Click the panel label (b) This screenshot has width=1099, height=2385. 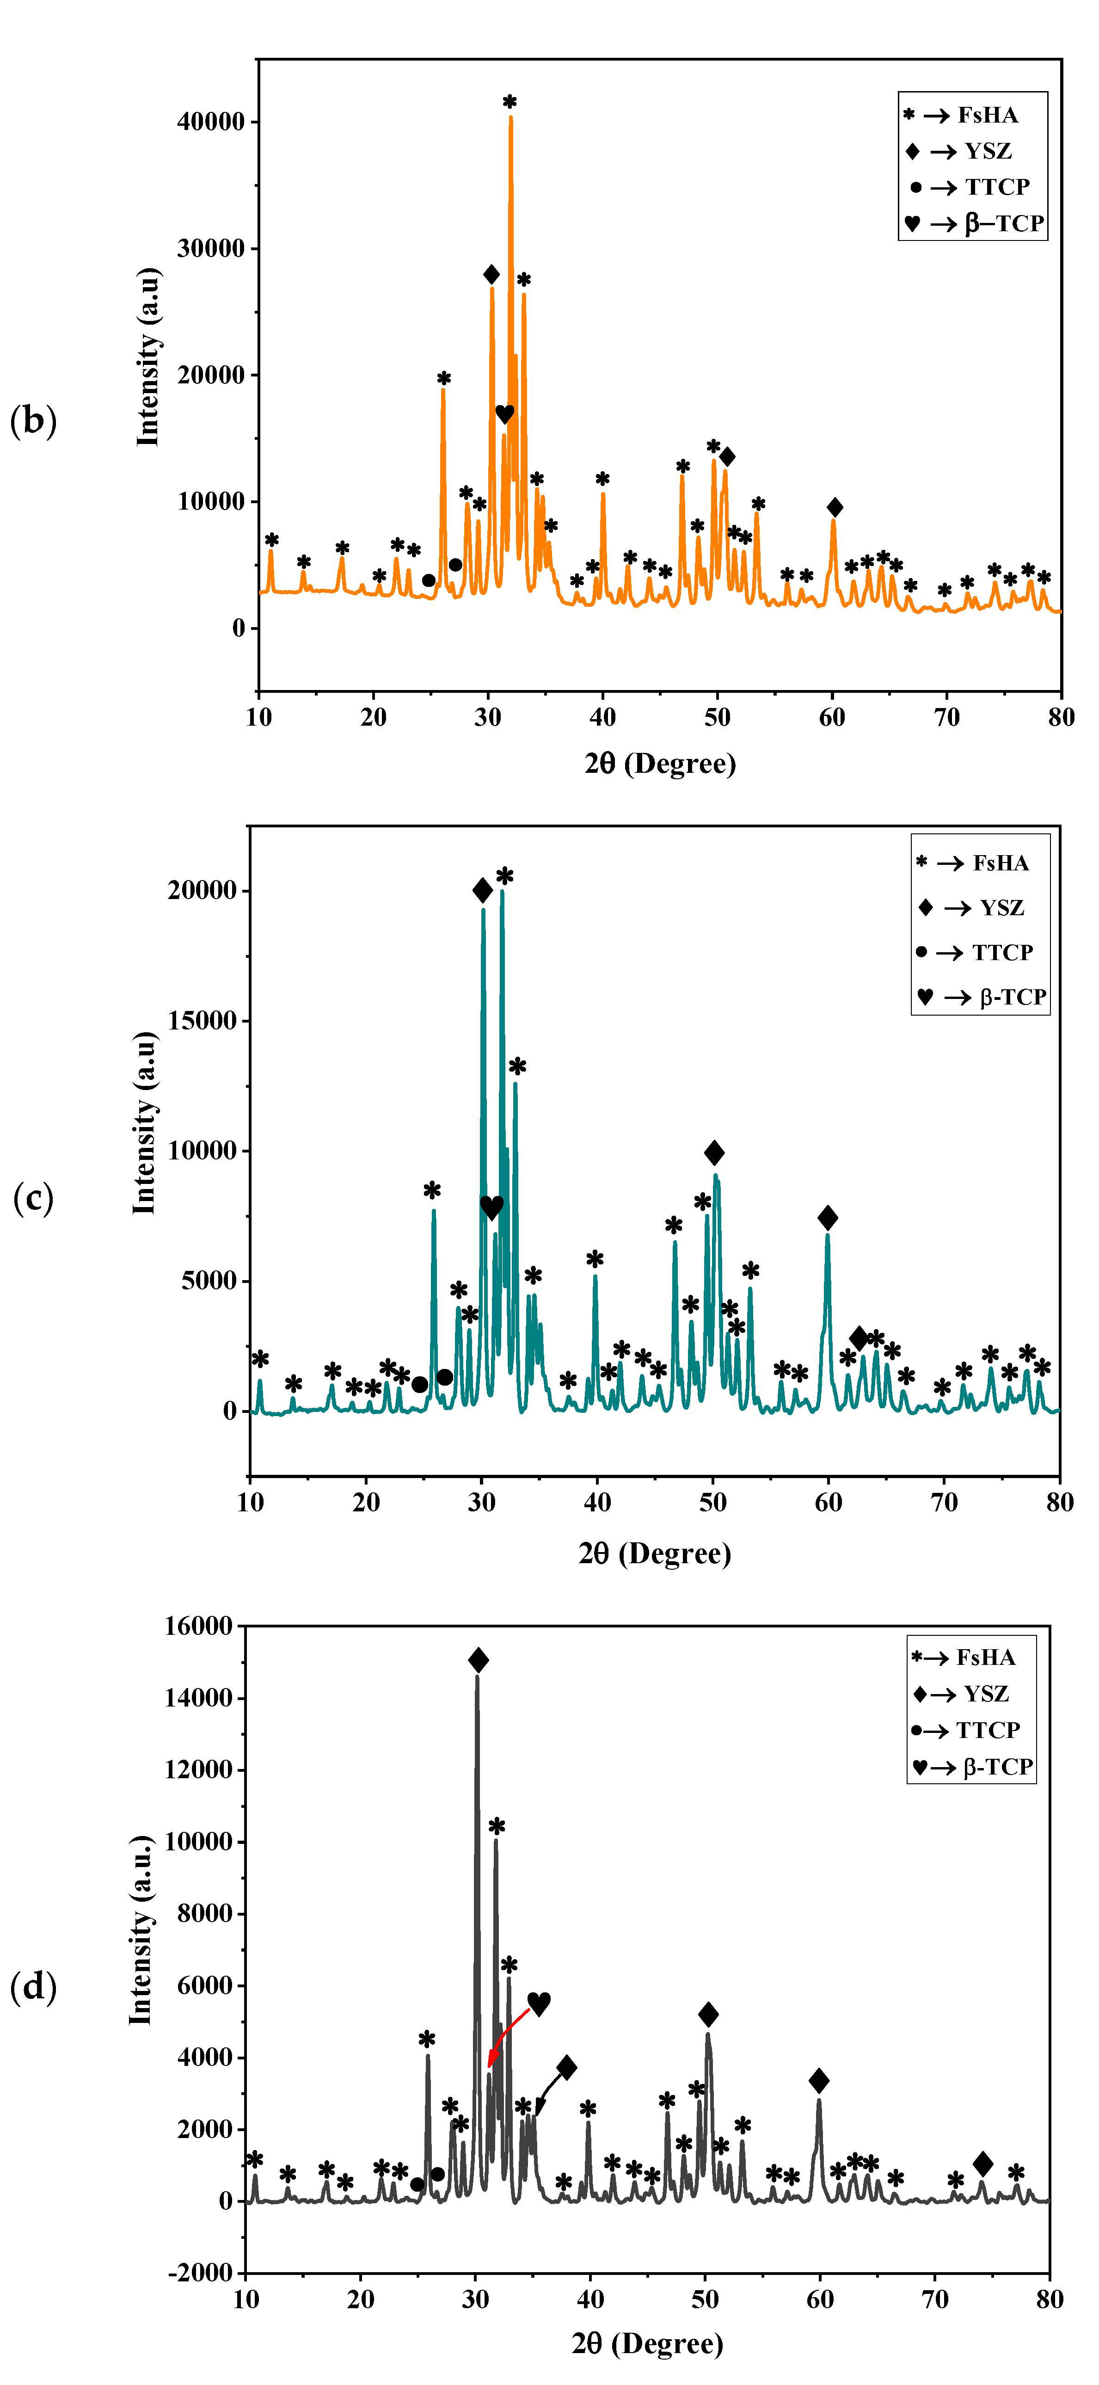pos(33,421)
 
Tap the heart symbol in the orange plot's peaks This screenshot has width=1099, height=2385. pos(504,414)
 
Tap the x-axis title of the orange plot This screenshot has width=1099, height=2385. pos(660,764)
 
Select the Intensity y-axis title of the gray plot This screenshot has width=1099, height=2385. pos(141,1930)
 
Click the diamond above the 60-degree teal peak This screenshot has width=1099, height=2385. pos(828,1218)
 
